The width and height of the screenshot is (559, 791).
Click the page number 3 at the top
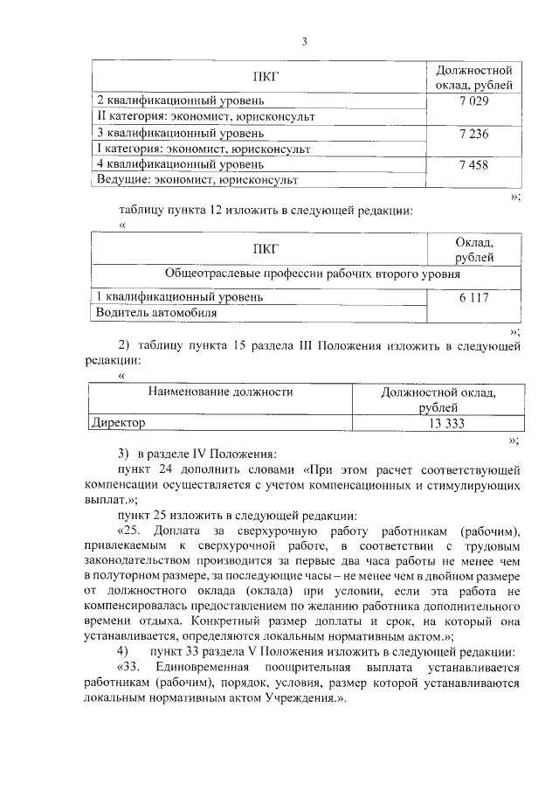(304, 41)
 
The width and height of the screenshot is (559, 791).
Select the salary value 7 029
(472, 101)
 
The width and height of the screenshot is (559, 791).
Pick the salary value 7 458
(472, 164)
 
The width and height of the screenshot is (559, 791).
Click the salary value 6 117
(472, 297)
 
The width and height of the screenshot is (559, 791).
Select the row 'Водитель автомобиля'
(156, 312)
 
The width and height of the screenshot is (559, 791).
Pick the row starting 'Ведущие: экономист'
(197, 180)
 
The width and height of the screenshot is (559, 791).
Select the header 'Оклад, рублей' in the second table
(473, 249)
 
